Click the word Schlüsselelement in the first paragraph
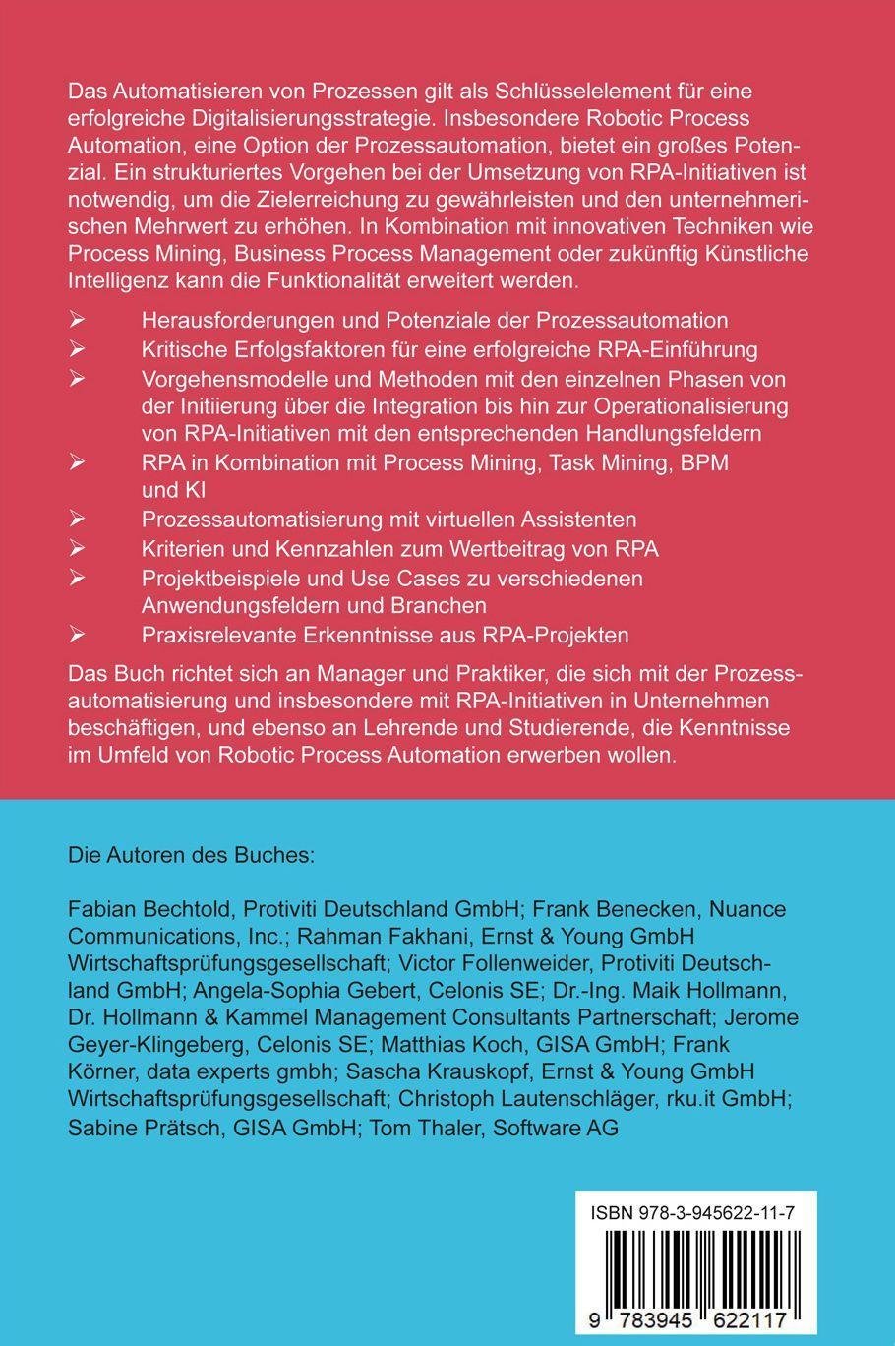point(527,92)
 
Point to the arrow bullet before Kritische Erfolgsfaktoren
point(78,349)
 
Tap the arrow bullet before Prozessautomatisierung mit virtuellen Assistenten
point(78,519)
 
